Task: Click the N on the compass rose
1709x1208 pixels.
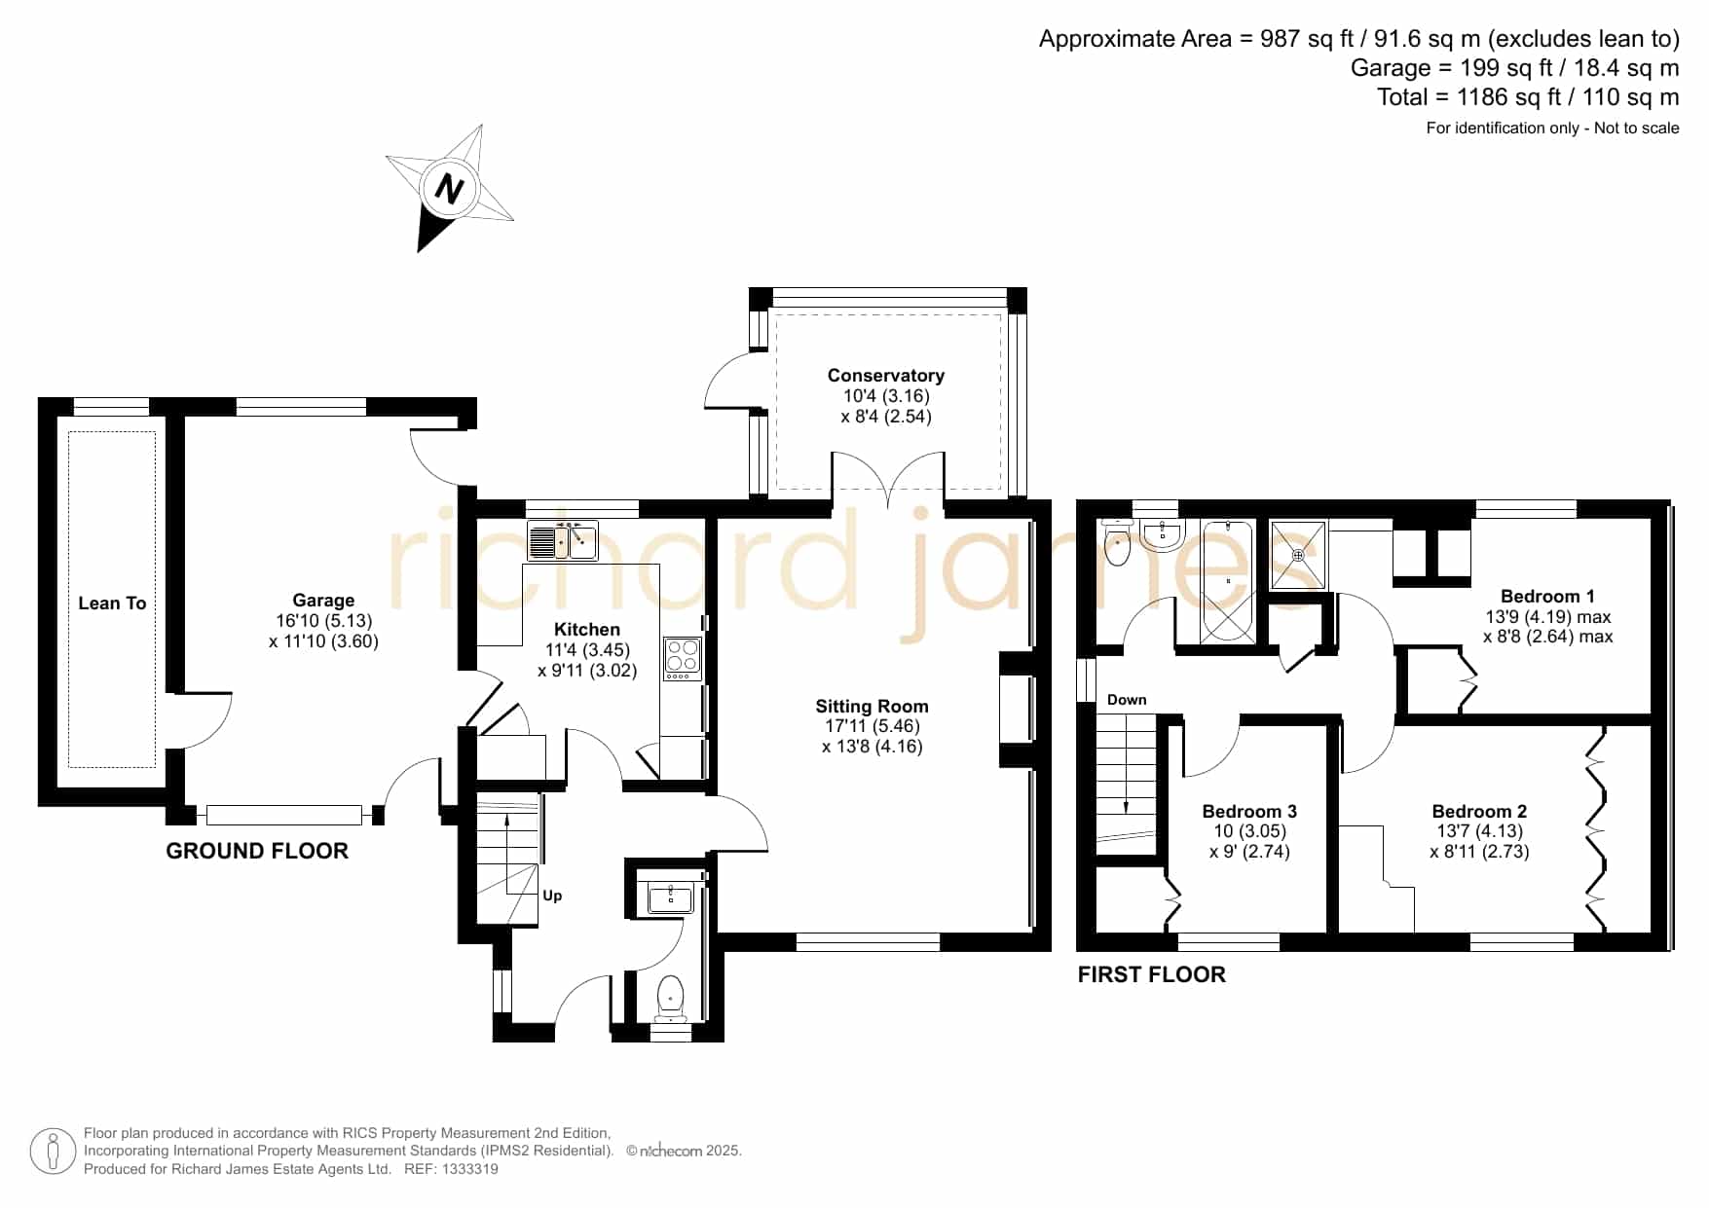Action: tap(449, 188)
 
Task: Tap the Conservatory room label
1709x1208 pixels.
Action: tap(886, 376)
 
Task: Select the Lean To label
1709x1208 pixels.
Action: tap(112, 604)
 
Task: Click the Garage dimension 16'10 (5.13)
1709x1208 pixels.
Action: tap(323, 621)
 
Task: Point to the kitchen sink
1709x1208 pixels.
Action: tap(563, 541)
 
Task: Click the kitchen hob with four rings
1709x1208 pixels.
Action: tap(682, 658)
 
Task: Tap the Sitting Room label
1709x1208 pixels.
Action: tap(872, 707)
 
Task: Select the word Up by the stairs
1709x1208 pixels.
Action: tap(552, 897)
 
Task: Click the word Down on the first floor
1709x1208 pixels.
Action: tap(1127, 700)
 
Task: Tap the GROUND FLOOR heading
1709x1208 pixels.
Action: tap(257, 852)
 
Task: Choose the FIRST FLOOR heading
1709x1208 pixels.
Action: tap(1151, 975)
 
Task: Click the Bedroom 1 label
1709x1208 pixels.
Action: tap(1547, 597)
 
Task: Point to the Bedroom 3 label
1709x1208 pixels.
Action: tap(1249, 812)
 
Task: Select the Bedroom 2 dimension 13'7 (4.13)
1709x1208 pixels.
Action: tap(1479, 831)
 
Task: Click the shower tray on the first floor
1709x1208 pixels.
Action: tap(1298, 555)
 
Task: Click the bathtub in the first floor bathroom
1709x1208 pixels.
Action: tap(1228, 582)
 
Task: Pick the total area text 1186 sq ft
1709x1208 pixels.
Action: tap(1502, 97)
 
